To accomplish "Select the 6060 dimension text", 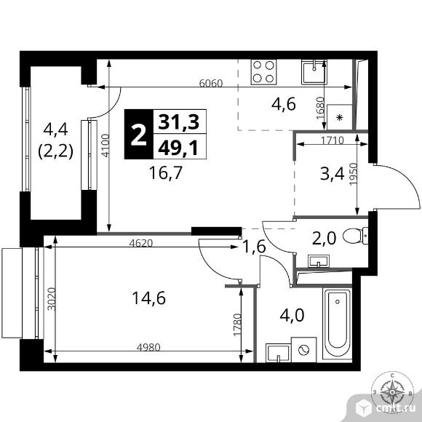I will pos(211,83).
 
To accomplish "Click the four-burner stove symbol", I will pos(263,71).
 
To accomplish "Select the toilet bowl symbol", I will pos(357,234).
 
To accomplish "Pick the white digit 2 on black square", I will pos(137,134).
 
